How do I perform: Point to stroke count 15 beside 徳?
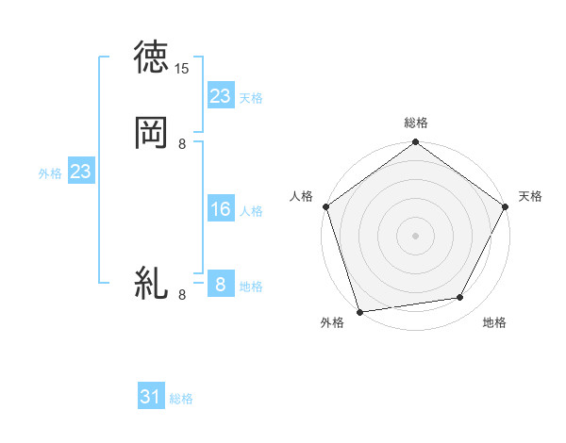tap(182, 69)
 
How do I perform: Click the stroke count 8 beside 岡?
tap(182, 144)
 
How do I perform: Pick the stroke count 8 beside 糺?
tap(182, 295)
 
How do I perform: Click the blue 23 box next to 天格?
tap(221, 96)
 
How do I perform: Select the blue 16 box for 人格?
tap(221, 209)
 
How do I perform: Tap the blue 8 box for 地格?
tap(221, 285)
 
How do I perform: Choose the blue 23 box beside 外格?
tap(80, 172)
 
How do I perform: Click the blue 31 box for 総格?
tap(151, 398)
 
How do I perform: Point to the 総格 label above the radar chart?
tap(416, 123)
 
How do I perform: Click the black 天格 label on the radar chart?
tap(530, 196)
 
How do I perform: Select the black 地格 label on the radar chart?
tap(494, 322)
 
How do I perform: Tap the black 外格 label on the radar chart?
tap(332, 322)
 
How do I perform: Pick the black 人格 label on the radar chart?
tap(302, 196)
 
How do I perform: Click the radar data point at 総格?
tap(415, 143)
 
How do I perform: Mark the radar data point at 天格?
tap(507, 206)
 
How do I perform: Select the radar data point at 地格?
tap(460, 298)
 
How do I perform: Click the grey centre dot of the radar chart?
tap(415, 235)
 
